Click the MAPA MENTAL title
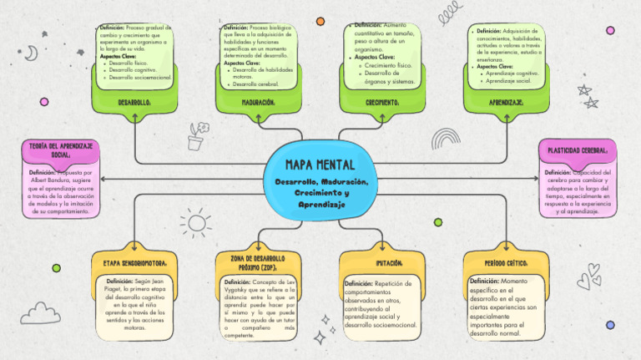click(320, 165)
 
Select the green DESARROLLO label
click(134, 102)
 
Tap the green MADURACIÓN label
click(258, 102)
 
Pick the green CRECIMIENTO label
click(382, 102)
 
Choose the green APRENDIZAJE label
click(506, 102)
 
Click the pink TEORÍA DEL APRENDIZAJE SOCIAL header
click(60, 150)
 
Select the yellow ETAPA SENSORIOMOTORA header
click(135, 262)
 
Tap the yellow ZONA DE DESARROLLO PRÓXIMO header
click(258, 262)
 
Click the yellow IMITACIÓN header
click(382, 262)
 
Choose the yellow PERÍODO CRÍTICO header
click(506, 262)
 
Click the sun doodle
click(196, 223)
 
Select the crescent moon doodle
click(31, 53)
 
